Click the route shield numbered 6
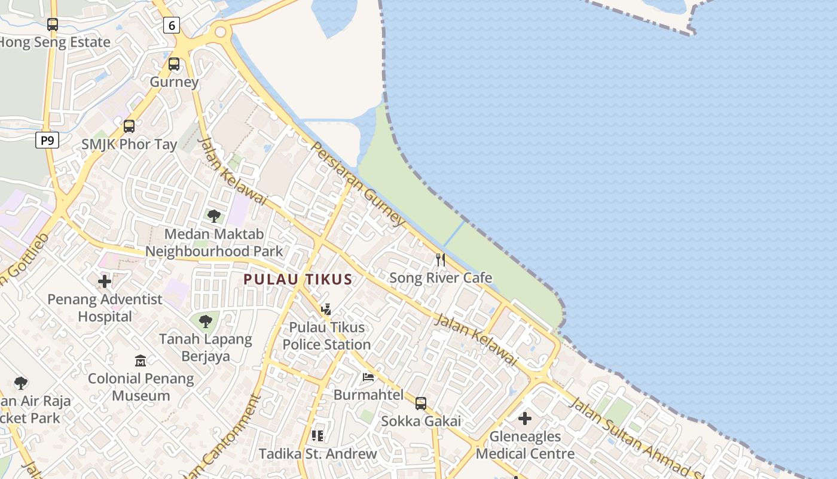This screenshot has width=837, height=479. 172,25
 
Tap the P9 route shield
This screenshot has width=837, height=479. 47,141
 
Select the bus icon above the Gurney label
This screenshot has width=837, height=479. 174,64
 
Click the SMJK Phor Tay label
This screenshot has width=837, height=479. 129,144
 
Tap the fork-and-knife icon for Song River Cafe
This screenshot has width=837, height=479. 441,260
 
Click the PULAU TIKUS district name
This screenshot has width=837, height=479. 298,280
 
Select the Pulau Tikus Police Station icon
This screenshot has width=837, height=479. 326,310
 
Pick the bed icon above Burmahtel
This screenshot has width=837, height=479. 368,377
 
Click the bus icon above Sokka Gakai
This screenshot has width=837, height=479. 421,404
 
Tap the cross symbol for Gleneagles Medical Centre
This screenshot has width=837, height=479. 525,419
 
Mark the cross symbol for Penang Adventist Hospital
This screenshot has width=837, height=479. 105,281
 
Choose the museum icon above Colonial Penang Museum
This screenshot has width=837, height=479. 140,360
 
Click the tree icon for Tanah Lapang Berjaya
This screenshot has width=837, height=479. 206,322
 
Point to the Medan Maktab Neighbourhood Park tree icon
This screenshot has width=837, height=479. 213,216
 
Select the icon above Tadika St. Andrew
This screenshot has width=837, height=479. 317,436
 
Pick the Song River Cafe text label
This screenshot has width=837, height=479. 441,278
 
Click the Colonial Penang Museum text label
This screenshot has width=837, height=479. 141,387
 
